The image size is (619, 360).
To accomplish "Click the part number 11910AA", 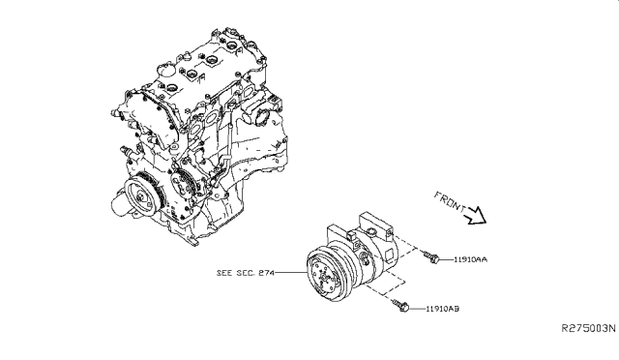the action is tap(470, 259).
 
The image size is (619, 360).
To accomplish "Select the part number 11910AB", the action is tap(442, 309).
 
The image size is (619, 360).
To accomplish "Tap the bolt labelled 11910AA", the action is tap(432, 257).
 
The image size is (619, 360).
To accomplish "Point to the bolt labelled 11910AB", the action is tap(400, 306).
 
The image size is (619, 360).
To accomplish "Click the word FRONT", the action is tap(450, 202).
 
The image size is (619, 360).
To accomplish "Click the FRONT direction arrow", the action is tap(476, 216).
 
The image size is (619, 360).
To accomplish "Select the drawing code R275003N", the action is tap(589, 328).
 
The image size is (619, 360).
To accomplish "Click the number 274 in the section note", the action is tap(267, 273).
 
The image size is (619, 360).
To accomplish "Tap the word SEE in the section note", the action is tap(224, 273).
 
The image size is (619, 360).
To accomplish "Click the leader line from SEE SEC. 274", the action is tap(290, 272).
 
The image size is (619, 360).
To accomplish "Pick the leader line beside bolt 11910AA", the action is tap(447, 259).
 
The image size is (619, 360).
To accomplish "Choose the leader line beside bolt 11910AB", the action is tap(417, 309).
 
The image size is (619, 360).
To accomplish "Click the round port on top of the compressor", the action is tap(371, 230).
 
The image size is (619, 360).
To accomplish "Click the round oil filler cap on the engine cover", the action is tap(165, 70).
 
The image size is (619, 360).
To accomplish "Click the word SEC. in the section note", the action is tap(246, 273).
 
